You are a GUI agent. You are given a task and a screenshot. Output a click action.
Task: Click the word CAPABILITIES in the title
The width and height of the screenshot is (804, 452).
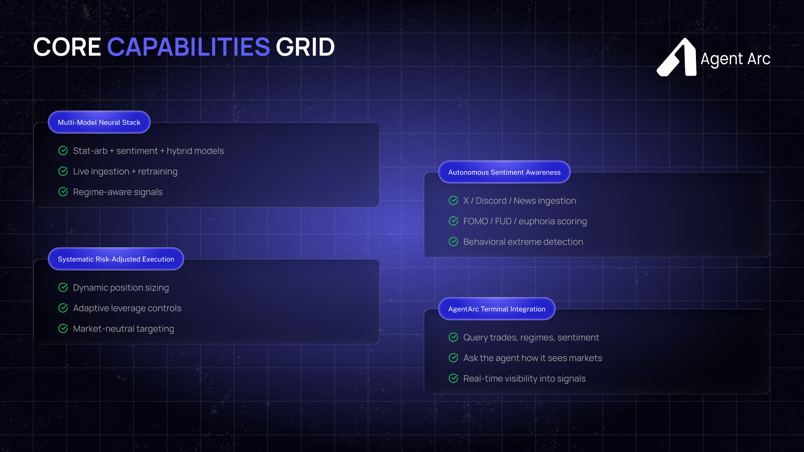pyautogui.click(x=188, y=47)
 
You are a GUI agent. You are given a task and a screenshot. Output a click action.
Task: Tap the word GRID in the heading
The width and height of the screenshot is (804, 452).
pyautogui.click(x=305, y=47)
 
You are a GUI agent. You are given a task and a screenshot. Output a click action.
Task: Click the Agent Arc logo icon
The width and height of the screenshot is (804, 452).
pyautogui.click(x=677, y=57)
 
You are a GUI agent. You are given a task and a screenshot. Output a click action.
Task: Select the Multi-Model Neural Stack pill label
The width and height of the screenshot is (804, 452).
pyautogui.click(x=99, y=122)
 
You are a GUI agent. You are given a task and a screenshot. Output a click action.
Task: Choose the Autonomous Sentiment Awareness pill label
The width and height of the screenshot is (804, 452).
pyautogui.click(x=504, y=172)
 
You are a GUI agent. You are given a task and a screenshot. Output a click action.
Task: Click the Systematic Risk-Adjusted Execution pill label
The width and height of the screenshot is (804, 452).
pyautogui.click(x=116, y=259)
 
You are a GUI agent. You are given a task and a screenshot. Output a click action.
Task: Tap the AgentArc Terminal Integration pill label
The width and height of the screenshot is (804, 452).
pyautogui.click(x=497, y=309)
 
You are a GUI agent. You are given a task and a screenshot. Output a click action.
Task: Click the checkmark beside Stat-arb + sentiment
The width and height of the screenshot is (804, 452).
pyautogui.click(x=63, y=151)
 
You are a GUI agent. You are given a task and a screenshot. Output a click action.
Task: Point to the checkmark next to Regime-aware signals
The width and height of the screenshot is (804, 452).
pyautogui.click(x=63, y=192)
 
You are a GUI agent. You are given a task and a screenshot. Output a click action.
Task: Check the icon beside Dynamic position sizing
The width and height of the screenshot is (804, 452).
pyautogui.click(x=63, y=288)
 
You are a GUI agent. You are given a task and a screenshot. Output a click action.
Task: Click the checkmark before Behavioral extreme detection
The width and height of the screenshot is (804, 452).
pyautogui.click(x=454, y=241)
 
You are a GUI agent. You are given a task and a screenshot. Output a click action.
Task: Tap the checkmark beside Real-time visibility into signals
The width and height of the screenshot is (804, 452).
pyautogui.click(x=454, y=378)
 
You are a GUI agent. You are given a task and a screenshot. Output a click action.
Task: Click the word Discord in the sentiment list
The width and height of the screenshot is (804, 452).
pyautogui.click(x=491, y=201)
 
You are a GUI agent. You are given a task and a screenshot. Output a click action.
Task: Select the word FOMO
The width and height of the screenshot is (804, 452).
pyautogui.click(x=476, y=221)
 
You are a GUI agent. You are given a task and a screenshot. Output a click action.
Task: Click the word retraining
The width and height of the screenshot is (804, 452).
pyautogui.click(x=158, y=172)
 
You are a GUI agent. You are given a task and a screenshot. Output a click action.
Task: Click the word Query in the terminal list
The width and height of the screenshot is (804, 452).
pyautogui.click(x=475, y=338)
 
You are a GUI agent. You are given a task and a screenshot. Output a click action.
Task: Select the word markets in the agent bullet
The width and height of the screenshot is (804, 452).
pyautogui.click(x=586, y=358)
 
